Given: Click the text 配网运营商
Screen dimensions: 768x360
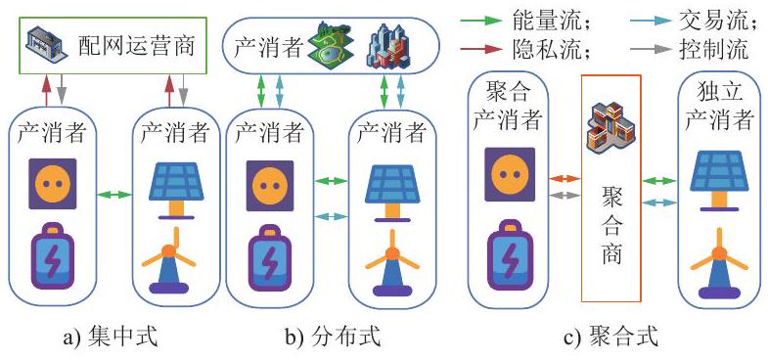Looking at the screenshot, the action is (137, 47).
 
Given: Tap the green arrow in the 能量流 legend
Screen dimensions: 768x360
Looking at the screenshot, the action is (481, 22).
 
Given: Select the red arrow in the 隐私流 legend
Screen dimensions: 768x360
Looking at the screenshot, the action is (481, 49).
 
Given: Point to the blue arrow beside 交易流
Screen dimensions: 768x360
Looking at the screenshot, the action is (651, 22).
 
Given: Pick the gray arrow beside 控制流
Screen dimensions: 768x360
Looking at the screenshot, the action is (651, 49).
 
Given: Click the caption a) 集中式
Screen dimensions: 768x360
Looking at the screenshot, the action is (112, 338).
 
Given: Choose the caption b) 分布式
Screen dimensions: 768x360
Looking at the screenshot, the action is (333, 338).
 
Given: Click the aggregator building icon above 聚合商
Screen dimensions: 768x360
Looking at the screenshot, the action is (610, 126).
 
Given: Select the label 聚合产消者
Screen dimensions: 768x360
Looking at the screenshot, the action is (508, 107).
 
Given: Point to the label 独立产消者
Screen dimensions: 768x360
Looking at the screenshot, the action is (718, 107).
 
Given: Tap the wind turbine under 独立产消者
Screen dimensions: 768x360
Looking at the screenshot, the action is (719, 263).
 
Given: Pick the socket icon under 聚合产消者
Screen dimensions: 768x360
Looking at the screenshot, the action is (510, 174).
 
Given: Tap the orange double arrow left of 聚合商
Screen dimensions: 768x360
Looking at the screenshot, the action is (565, 179).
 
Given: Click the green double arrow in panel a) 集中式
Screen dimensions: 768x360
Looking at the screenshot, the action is (114, 195).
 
